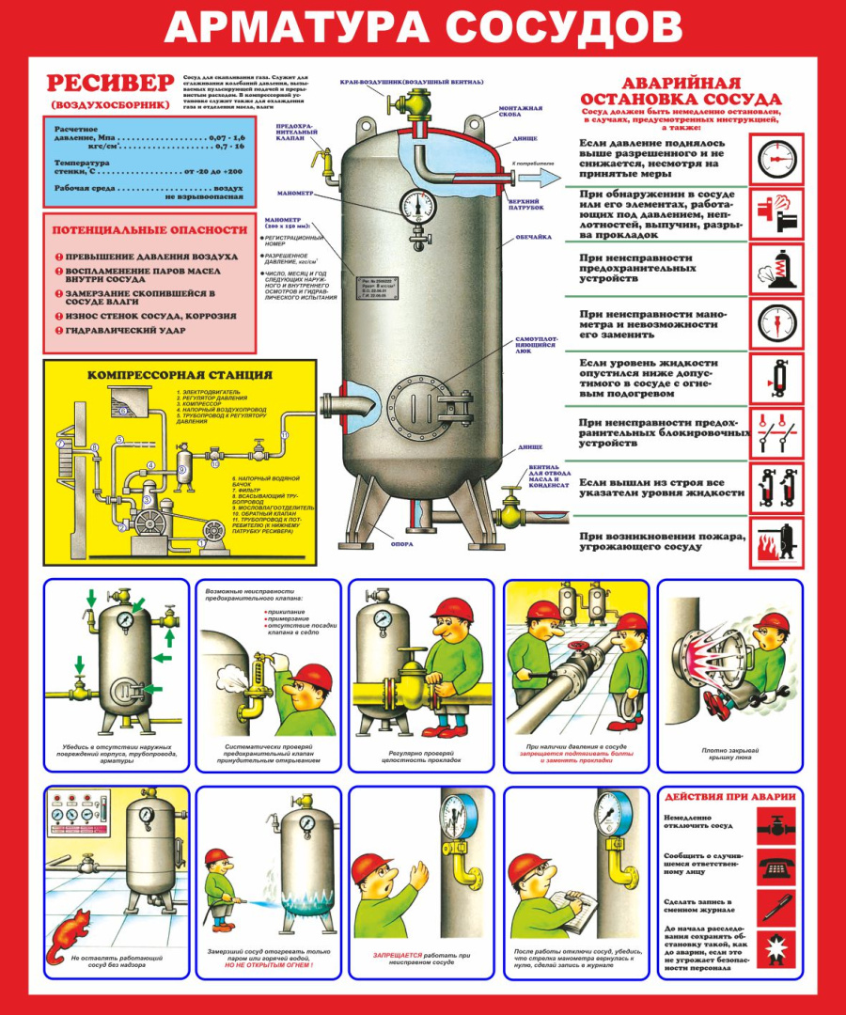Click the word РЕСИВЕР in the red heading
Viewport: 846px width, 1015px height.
pyautogui.click(x=111, y=84)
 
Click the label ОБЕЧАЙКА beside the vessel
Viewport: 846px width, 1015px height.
pyautogui.click(x=533, y=238)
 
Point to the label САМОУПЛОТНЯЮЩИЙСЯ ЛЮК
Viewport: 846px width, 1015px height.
pyautogui.click(x=539, y=347)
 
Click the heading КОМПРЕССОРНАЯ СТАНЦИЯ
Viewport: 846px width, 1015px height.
pyautogui.click(x=180, y=374)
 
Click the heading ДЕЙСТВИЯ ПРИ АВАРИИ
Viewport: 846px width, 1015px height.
pyautogui.click(x=729, y=797)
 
